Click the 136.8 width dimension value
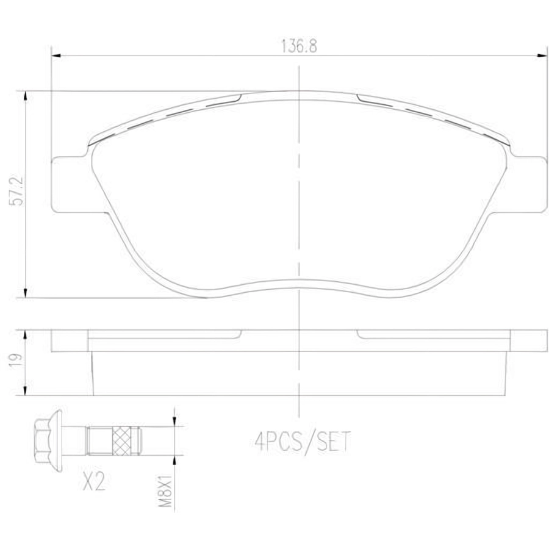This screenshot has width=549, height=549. pos(300,46)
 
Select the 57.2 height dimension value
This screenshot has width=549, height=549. pos(17,191)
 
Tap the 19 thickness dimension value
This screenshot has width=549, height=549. pos(16,359)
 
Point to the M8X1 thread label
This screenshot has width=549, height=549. pos(165,490)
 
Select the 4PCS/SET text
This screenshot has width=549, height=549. pos(303,442)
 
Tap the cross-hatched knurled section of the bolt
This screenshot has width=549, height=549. pos(122,441)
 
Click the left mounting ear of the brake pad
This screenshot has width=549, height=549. pos(70,184)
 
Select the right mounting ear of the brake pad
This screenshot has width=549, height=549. pos(529,184)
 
